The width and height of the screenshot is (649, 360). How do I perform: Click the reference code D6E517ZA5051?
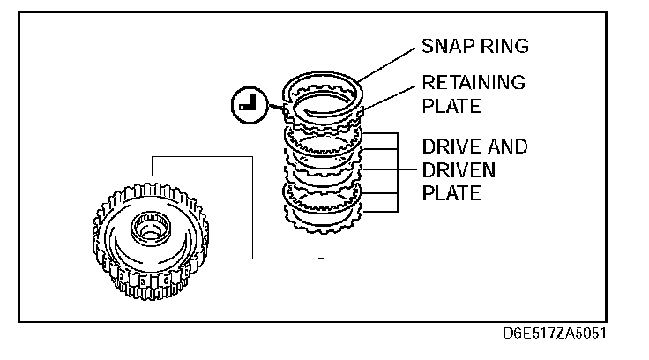[553, 335]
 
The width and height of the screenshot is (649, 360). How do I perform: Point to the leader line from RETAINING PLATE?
[388, 96]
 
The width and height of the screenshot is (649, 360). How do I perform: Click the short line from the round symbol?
[272, 109]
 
